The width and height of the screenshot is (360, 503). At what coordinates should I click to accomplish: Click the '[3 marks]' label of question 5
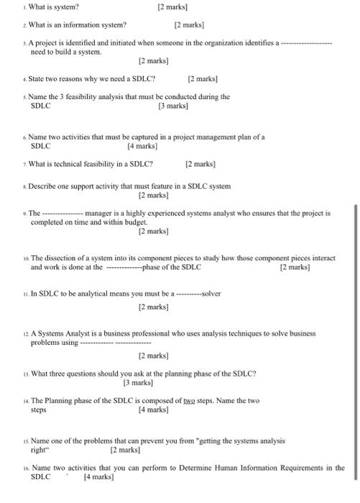pyautogui.click(x=173, y=106)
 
